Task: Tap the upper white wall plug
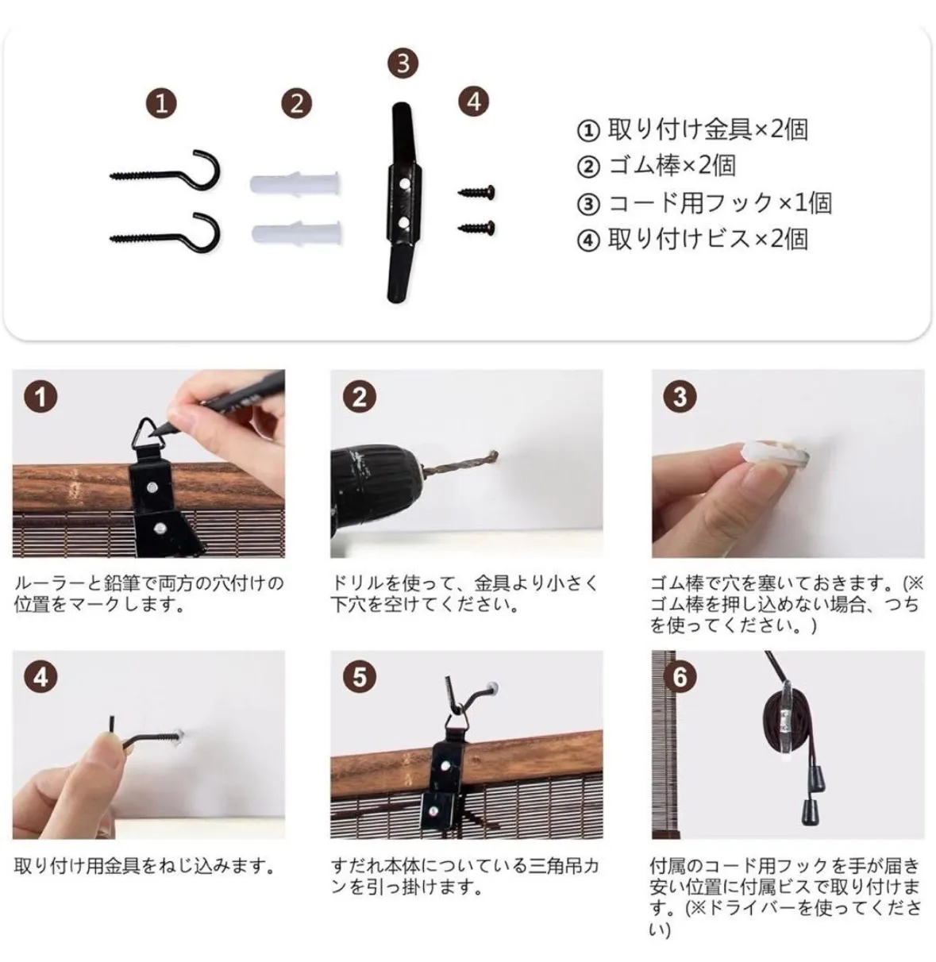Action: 295,184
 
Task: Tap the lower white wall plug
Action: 297,233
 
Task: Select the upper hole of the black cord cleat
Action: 404,183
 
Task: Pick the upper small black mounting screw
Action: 476,192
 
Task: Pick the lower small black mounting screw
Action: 476,227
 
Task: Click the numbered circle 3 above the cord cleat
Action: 403,63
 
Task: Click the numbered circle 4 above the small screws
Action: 474,102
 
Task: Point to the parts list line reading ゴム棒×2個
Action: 656,166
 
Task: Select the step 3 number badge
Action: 680,396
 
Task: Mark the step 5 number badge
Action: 360,677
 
